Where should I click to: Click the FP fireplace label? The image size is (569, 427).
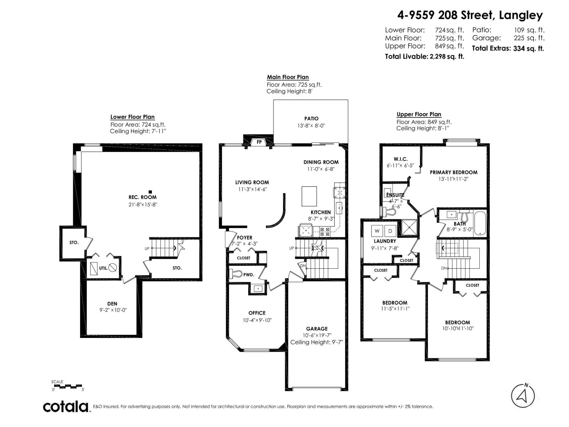[x=259, y=142]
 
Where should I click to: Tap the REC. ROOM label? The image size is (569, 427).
[x=142, y=197]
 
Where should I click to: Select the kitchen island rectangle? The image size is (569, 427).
[x=309, y=196]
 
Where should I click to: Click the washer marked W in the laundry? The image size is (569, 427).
[x=377, y=231]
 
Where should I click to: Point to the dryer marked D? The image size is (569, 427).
[x=390, y=231]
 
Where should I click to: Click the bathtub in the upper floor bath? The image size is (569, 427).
[x=479, y=223]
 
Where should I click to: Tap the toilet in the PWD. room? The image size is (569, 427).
[x=236, y=274]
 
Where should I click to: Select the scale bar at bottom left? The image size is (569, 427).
[x=67, y=386]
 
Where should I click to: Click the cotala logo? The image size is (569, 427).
[x=66, y=406]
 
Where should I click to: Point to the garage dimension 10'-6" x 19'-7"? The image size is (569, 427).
[x=317, y=335]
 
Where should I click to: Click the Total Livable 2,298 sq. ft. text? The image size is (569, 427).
[x=424, y=56]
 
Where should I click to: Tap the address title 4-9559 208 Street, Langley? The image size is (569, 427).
[x=470, y=15]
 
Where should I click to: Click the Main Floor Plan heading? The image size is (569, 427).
[x=288, y=77]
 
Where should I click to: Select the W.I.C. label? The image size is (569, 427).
[x=400, y=159]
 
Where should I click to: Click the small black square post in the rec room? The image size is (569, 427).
[x=150, y=192]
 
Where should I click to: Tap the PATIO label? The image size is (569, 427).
[x=311, y=118]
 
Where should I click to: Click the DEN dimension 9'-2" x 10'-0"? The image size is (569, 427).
[x=113, y=310]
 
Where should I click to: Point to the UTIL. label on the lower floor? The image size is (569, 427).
[x=103, y=268]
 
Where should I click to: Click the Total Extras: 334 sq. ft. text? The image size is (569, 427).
[x=507, y=49]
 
